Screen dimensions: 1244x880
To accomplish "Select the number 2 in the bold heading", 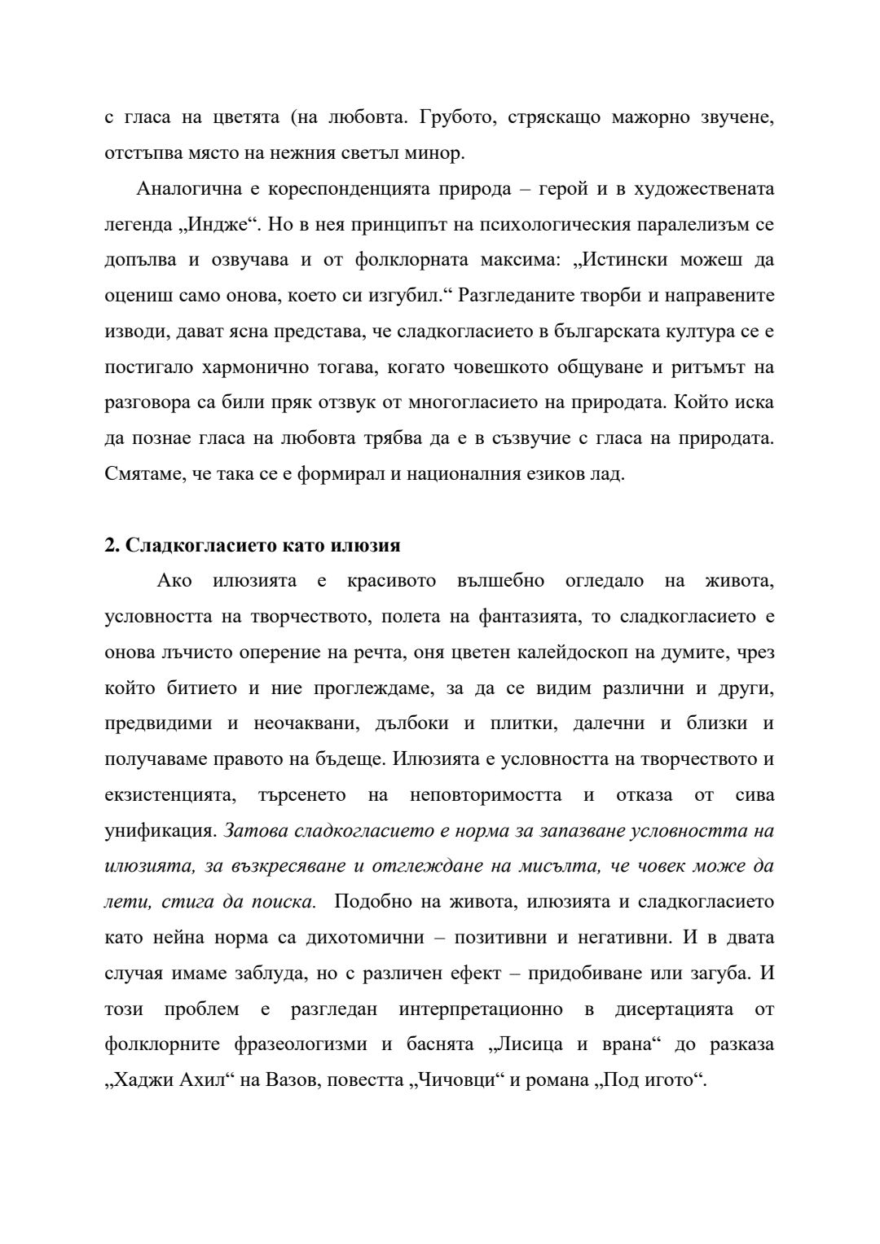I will pyautogui.click(x=110, y=545).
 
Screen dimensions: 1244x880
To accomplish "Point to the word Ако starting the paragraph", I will pyautogui.click(x=174, y=581).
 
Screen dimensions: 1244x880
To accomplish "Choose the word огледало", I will pyautogui.click(x=604, y=581).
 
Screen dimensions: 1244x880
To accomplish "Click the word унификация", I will pyautogui.click(x=159, y=831).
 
